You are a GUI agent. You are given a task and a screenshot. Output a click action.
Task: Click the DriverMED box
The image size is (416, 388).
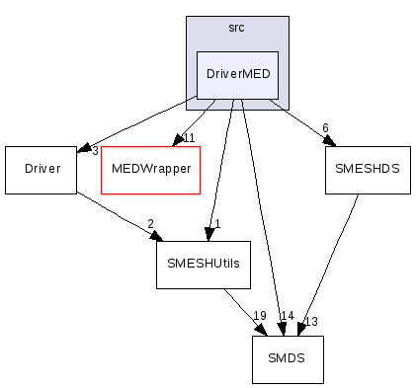(x=237, y=74)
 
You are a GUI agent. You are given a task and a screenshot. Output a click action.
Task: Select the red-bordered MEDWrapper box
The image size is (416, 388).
(x=150, y=169)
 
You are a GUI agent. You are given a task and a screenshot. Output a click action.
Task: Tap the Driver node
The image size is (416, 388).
(x=41, y=169)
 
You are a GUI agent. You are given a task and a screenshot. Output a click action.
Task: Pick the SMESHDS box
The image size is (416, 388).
(x=367, y=169)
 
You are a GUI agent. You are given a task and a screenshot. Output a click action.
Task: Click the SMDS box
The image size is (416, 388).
(x=288, y=360)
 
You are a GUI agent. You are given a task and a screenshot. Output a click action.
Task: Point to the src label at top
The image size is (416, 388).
(x=236, y=28)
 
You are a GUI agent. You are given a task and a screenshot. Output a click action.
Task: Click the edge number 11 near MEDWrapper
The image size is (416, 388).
(x=189, y=137)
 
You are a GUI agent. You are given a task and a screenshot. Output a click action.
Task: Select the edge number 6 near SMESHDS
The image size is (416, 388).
(x=325, y=128)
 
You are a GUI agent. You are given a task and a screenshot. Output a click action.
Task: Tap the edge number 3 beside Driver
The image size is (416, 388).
(x=95, y=150)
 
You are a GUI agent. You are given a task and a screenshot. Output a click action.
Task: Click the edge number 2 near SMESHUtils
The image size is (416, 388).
(x=150, y=224)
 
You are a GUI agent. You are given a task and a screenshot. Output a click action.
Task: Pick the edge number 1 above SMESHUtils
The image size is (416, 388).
(x=216, y=224)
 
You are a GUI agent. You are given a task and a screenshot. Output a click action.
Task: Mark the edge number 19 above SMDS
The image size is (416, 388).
(x=259, y=316)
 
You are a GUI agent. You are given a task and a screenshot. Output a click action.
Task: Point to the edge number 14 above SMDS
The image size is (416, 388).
(x=287, y=316)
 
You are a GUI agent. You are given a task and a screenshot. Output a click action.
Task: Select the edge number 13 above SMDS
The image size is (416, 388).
(x=310, y=321)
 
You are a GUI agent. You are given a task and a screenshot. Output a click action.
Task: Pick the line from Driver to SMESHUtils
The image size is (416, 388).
(x=117, y=216)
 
